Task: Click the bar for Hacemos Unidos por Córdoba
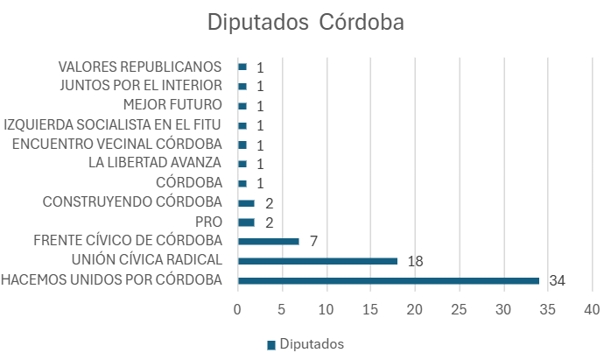coord(389,280)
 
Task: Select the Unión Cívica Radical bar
coord(318,261)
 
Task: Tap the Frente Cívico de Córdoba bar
coord(269,241)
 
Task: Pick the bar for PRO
coord(246,222)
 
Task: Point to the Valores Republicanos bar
coord(242,67)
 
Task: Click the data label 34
coord(557,280)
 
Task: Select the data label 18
coord(415,261)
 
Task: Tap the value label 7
coord(313,241)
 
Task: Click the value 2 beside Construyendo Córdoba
coord(269,203)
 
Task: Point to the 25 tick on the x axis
coord(460,309)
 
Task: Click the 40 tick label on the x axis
coord(592,309)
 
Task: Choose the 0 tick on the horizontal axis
coord(237,309)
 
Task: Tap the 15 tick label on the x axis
coord(370,309)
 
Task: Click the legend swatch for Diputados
coord(271,345)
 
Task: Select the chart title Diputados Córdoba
coord(306,22)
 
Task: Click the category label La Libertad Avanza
coord(155,163)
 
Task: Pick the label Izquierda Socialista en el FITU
coord(112,125)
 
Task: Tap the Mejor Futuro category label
coord(172,105)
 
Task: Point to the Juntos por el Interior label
coord(141,85)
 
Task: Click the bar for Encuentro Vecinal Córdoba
coord(242,145)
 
